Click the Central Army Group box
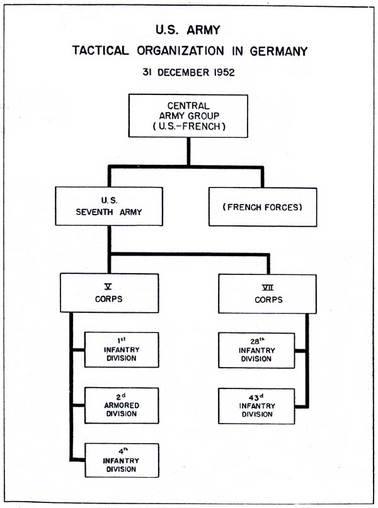point(188,115)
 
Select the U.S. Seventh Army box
point(109,206)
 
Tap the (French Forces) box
point(263,206)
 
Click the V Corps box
point(110,293)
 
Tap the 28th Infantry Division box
point(256,351)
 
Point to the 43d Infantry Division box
point(256,406)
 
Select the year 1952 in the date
point(222,72)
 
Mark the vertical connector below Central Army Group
point(188,151)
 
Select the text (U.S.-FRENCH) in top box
point(188,125)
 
